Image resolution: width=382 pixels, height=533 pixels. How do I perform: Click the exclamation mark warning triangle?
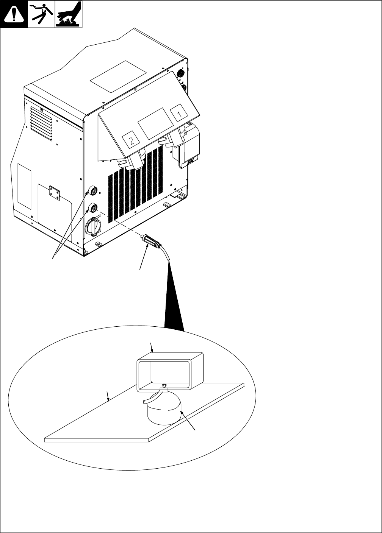coord(14,14)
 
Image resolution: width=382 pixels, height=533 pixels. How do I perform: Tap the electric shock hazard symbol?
coord(41,14)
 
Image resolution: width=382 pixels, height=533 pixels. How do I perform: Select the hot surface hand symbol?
coord(69,14)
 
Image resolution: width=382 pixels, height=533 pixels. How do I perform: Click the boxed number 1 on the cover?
coord(180,113)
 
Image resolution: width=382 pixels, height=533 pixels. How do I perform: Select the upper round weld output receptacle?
coord(92,190)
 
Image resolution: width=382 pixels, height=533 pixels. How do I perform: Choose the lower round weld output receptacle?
coord(92,207)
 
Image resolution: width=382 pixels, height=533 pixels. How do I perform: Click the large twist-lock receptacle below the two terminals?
coord(93,227)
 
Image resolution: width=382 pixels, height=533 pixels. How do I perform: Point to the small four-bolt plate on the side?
coord(54,192)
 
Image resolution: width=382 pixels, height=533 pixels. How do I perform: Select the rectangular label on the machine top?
coord(118,76)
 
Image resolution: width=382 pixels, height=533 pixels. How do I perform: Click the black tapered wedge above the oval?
coord(174,303)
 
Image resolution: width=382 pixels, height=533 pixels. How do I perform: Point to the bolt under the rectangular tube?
coord(164,387)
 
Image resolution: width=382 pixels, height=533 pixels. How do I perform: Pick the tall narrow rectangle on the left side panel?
coord(24,186)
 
